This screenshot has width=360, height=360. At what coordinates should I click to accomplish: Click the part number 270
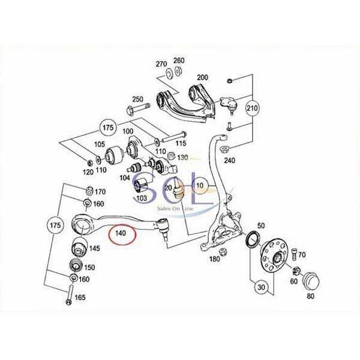coord(161,64)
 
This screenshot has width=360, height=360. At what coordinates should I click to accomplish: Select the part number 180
coord(214,259)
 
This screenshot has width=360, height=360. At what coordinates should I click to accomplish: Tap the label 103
coord(141,197)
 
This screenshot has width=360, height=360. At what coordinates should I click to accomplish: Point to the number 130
coord(182,157)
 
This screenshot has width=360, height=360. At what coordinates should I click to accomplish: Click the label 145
coord(95,248)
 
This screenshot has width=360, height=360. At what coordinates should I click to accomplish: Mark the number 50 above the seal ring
coord(260,225)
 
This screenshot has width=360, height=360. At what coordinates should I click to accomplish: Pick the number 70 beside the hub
coord(302,255)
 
